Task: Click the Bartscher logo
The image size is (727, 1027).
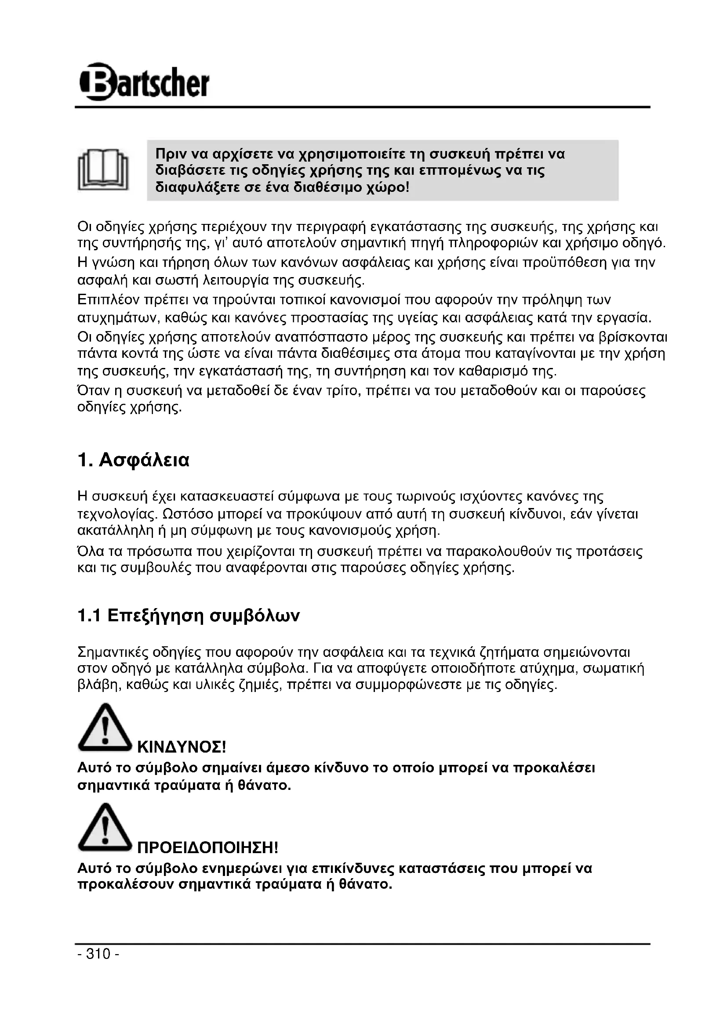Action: (x=144, y=82)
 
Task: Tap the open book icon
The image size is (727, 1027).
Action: (x=103, y=170)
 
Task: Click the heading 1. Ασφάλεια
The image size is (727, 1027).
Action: (x=134, y=460)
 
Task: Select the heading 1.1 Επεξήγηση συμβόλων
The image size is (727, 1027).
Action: (x=189, y=616)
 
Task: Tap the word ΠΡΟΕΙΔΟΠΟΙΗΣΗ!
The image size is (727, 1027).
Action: (x=208, y=847)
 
